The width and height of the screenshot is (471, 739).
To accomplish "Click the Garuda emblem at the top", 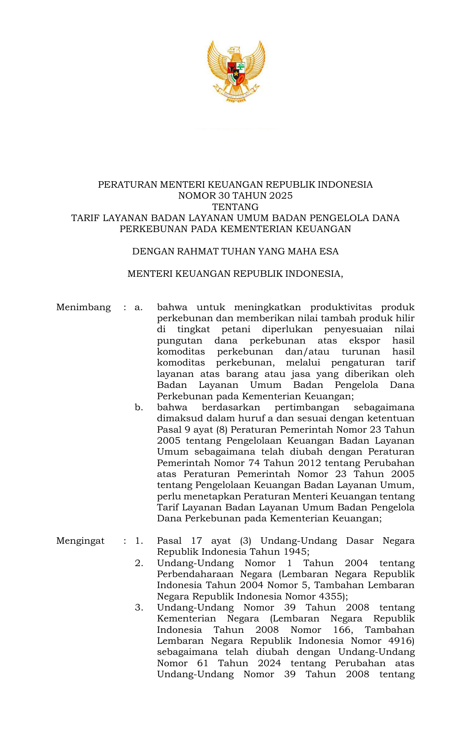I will pos(236,71).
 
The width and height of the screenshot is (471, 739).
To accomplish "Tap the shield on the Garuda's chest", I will pos(236,73).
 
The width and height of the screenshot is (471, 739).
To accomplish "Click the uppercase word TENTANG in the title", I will pos(235,207).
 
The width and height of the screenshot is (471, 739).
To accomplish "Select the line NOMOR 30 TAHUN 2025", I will pos(235,196).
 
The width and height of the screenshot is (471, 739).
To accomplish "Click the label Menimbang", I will pos(83,307).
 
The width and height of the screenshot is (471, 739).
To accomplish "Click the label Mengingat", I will pos(80,541).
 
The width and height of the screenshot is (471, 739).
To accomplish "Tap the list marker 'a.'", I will pos(139,307).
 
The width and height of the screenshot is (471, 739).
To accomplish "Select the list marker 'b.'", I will pos(139,408).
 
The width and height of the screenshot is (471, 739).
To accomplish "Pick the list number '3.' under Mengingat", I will pos(139,607).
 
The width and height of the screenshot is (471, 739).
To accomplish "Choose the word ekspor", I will pos(364,340).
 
